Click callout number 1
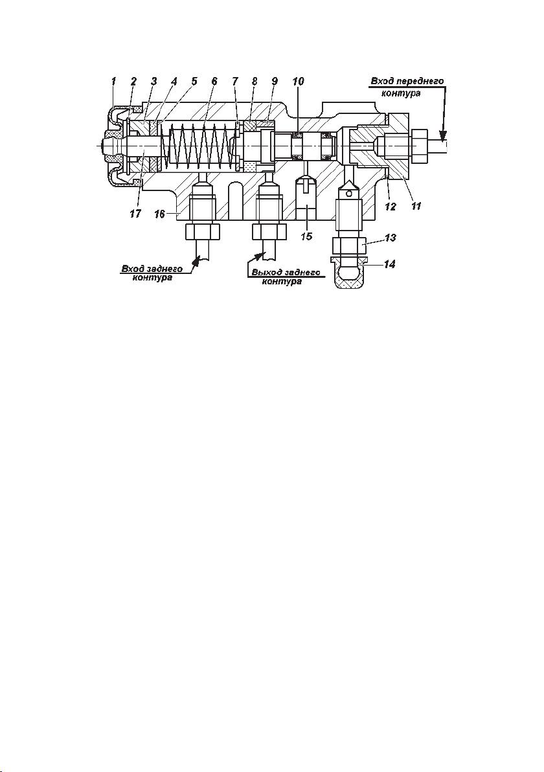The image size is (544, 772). [114, 81]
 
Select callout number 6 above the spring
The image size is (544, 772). [214, 81]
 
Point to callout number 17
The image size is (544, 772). [135, 214]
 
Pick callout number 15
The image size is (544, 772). [306, 236]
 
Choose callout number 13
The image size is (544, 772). [390, 237]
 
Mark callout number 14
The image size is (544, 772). [389, 264]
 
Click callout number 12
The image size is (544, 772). [390, 207]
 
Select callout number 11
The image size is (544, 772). [416, 207]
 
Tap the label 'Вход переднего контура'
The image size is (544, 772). [407, 86]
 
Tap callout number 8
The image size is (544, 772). [254, 81]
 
